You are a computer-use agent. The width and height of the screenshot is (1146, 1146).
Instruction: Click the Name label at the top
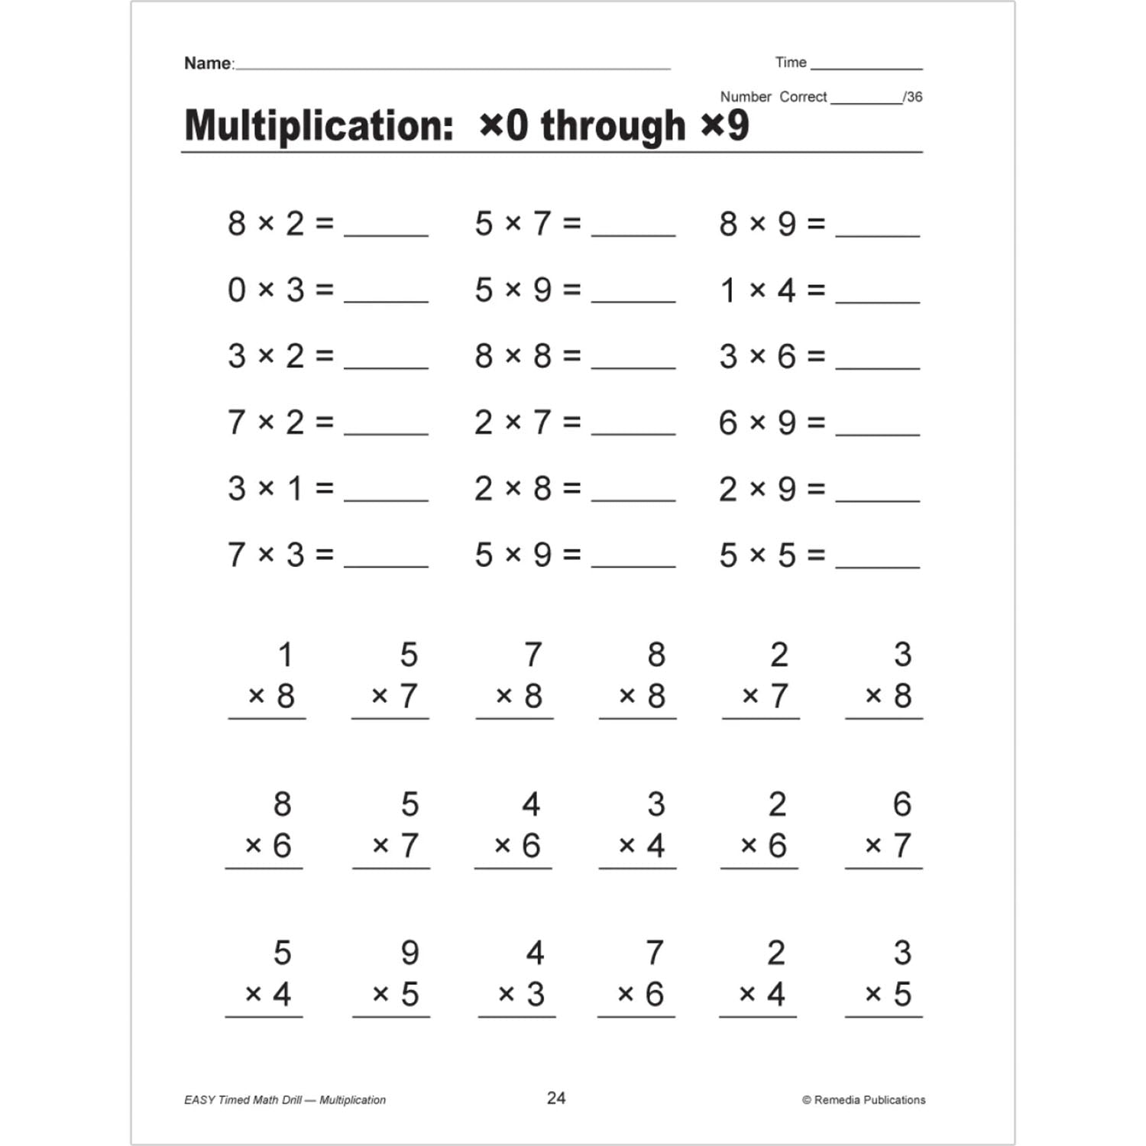coord(208,63)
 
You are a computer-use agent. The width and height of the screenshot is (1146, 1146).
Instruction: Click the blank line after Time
coord(866,68)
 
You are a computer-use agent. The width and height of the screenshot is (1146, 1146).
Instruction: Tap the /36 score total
coord(913,97)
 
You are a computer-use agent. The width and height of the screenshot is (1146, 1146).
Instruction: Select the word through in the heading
coord(613,126)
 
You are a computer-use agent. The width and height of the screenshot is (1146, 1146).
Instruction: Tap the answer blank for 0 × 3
coord(386,299)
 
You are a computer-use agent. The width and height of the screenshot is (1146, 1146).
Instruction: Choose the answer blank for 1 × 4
coord(878,299)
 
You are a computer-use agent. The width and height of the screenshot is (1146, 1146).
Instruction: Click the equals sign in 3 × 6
coord(816,356)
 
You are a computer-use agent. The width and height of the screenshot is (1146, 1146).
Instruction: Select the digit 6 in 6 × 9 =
coord(728,422)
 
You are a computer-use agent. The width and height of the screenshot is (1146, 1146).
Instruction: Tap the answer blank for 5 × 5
coord(878,565)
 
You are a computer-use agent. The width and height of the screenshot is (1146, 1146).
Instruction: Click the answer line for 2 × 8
coord(633,498)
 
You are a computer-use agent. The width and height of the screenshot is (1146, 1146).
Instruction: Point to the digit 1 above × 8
coord(285,655)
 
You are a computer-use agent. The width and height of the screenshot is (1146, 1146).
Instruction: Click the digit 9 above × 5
coord(410,953)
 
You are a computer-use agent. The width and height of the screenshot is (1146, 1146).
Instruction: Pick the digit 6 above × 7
coord(902,804)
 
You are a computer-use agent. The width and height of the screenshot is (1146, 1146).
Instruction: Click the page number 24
coord(556,1098)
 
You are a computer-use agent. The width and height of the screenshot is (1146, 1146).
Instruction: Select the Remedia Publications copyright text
coord(864,1100)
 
